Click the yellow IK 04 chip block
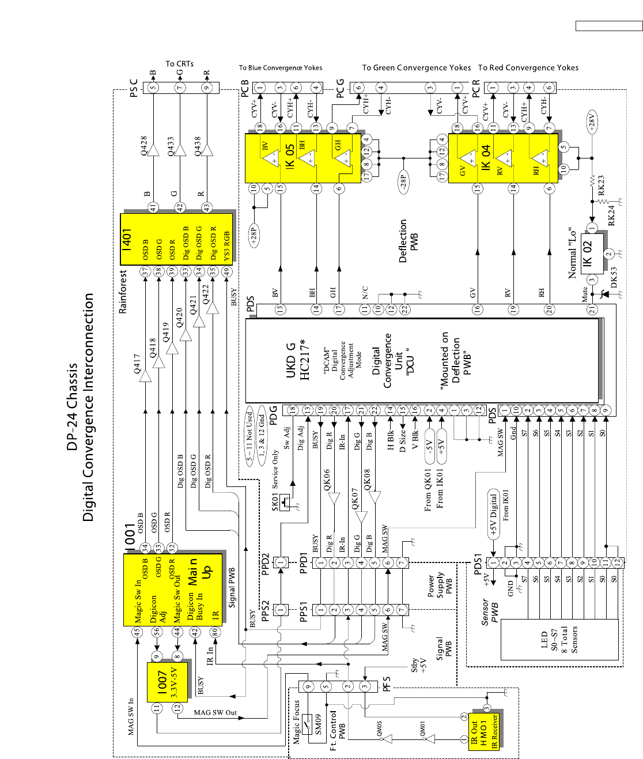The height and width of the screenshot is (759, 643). [x=501, y=158]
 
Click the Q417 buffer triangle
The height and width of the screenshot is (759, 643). [x=145, y=375]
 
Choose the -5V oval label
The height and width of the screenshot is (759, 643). [x=429, y=447]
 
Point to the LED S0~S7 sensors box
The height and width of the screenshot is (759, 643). [x=559, y=640]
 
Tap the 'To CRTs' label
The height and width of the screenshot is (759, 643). [x=180, y=64]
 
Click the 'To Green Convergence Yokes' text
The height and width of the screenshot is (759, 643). [x=416, y=67]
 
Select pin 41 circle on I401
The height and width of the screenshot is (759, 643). [x=153, y=207]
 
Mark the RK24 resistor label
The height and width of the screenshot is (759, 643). [x=611, y=214]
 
